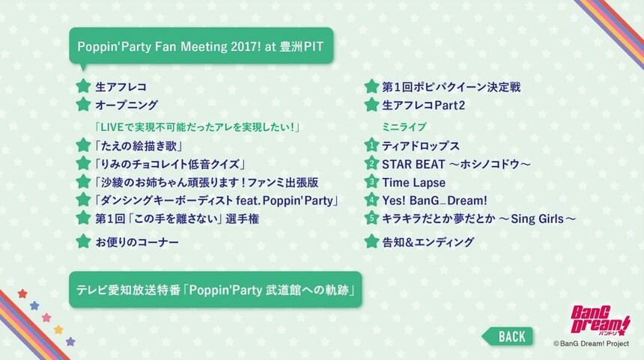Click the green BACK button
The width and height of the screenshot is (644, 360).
[x=508, y=337]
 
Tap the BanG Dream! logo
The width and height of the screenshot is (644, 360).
[x=600, y=321]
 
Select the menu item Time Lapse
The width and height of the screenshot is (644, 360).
[x=413, y=183]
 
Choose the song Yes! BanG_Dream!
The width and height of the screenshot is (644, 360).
[x=434, y=201]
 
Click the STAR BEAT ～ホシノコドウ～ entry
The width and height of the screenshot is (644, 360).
[x=456, y=164]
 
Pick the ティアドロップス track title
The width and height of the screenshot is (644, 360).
[x=421, y=146]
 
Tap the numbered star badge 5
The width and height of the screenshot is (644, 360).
[x=371, y=218]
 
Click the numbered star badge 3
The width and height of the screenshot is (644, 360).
[x=371, y=181]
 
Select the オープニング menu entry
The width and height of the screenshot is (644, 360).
[x=127, y=105]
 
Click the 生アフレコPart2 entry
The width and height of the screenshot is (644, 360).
[x=423, y=105]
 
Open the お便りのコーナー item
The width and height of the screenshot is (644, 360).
[x=137, y=242]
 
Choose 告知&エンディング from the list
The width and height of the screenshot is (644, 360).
[x=428, y=242]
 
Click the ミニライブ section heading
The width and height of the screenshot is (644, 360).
[x=404, y=126]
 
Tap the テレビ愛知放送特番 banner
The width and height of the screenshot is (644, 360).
[x=215, y=290]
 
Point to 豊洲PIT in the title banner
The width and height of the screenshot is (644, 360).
[x=301, y=46]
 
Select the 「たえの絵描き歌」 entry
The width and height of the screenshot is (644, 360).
[x=138, y=146]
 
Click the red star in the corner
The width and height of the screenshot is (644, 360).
[x=22, y=293]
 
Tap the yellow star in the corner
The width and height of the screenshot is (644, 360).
[x=58, y=329]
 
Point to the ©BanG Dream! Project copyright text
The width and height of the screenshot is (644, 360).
[x=591, y=344]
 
